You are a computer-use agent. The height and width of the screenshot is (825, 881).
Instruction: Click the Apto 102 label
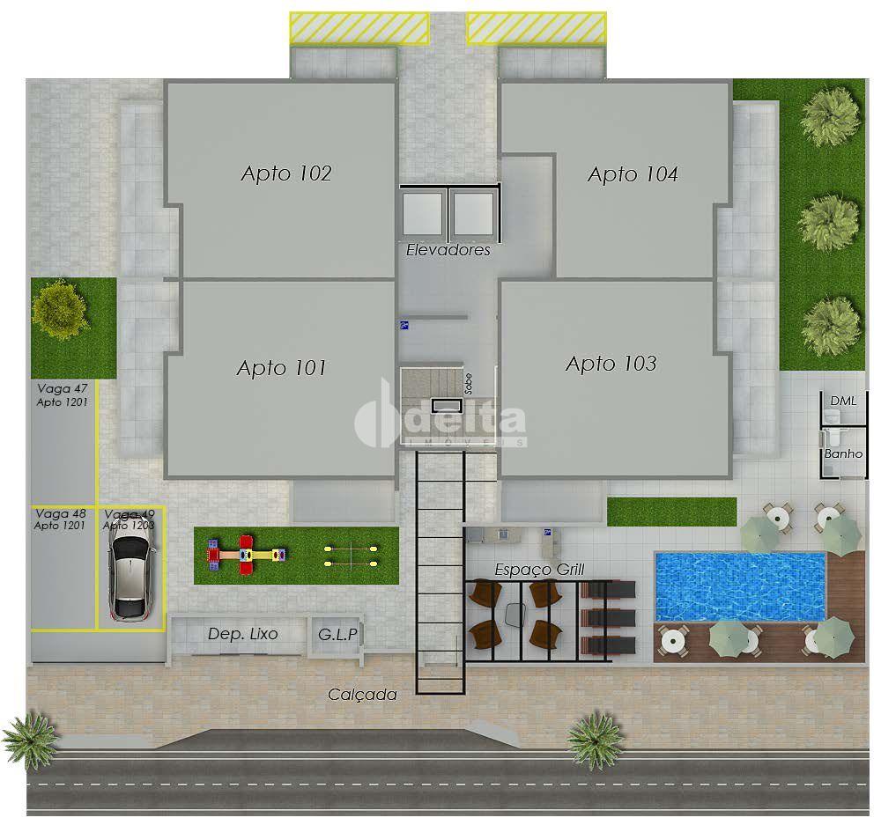click(286, 173)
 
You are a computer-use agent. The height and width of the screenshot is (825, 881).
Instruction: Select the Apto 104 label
click(633, 174)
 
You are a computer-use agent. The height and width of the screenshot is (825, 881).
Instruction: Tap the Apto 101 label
click(282, 368)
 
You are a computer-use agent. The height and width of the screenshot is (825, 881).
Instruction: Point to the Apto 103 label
click(611, 364)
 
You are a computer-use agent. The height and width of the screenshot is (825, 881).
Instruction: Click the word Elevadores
click(448, 250)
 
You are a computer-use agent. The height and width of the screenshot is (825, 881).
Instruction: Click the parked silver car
click(131, 574)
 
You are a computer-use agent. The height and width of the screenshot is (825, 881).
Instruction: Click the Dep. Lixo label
click(243, 634)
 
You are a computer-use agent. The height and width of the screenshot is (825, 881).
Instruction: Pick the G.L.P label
click(337, 635)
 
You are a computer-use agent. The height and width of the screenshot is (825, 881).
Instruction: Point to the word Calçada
click(362, 695)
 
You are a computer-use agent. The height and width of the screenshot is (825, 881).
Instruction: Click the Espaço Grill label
click(539, 570)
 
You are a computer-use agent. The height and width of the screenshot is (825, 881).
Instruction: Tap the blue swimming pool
click(740, 587)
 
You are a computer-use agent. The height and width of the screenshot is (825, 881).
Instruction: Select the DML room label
click(843, 401)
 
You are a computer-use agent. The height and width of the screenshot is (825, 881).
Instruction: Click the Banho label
click(843, 453)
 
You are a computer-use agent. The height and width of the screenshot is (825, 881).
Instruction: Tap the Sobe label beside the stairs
click(469, 384)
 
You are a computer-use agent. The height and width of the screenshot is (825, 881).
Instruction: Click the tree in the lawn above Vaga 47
click(60, 310)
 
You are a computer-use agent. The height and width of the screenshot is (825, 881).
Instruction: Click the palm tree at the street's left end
click(31, 741)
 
